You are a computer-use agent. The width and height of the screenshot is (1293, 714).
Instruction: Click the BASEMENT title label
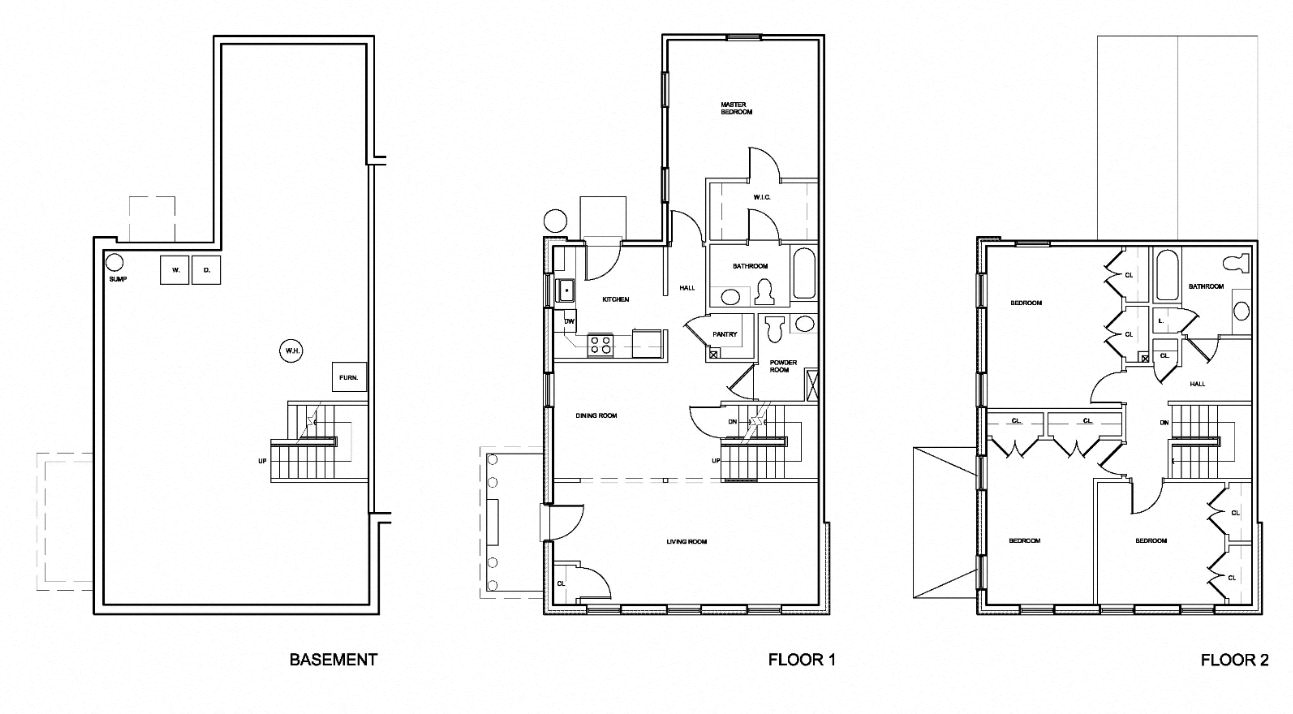333,660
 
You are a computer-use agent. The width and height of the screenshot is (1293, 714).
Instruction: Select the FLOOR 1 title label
801,660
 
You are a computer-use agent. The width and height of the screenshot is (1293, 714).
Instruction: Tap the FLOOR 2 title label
1235,660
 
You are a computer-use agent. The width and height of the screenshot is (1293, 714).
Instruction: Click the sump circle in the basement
115,262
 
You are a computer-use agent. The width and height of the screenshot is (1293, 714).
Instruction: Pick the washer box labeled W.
174,271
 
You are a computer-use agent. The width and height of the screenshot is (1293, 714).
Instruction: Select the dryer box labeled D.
206,271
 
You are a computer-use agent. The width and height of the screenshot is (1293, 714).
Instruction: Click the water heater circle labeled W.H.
291,351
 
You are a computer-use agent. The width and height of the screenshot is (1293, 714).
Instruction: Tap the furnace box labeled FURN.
349,377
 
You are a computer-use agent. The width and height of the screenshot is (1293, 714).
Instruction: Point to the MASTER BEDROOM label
736,108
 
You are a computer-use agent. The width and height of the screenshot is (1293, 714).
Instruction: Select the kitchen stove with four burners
600,344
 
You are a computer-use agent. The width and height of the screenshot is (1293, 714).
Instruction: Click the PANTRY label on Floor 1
725,335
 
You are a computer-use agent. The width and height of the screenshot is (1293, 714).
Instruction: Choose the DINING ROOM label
595,415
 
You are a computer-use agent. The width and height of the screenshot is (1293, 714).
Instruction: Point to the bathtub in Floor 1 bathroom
804,275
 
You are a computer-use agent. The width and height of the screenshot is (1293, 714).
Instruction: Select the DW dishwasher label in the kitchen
569,321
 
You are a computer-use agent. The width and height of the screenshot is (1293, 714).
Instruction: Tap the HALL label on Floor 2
1197,384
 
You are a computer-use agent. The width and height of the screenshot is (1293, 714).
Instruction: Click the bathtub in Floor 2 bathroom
1166,277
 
